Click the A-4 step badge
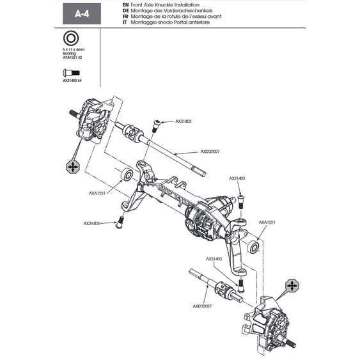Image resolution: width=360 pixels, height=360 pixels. click(x=82, y=13)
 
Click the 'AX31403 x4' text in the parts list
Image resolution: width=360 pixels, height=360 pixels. click(x=72, y=81)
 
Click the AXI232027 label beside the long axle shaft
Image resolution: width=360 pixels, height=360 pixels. click(x=211, y=152)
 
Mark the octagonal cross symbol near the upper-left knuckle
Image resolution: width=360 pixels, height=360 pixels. click(x=74, y=166)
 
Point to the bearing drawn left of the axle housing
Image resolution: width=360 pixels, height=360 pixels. click(x=127, y=174)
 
